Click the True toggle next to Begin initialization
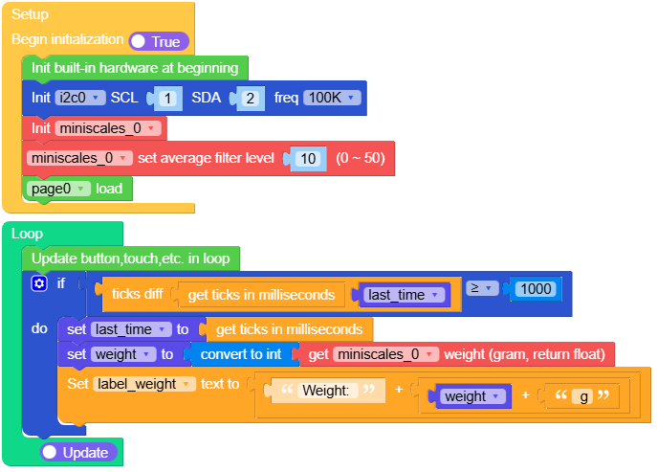tap(159, 41)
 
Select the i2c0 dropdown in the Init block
tap(79, 98)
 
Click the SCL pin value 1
tap(167, 98)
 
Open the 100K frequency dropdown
tap(331, 98)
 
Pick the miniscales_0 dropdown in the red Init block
tap(107, 127)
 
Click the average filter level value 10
tap(309, 158)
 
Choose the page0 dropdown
tap(59, 189)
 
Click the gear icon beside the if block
tap(39, 283)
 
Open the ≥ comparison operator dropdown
tap(484, 287)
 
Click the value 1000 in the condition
tap(538, 288)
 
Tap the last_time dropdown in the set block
tap(131, 328)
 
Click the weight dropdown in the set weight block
tap(122, 354)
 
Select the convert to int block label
tap(240, 354)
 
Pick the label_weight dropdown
tap(143, 383)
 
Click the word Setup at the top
tap(30, 14)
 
